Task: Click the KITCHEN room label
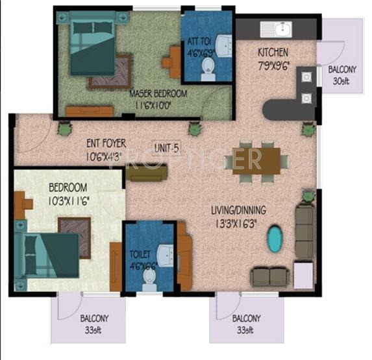(x=273, y=52)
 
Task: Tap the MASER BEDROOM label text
(x=158, y=93)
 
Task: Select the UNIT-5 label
(x=167, y=146)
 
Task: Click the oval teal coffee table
(x=275, y=239)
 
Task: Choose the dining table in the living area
(x=258, y=159)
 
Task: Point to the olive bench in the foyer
(x=146, y=173)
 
